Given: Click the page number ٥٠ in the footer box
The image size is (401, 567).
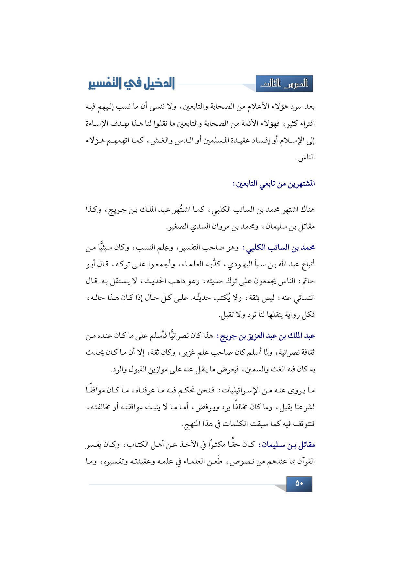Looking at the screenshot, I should [x=299, y=484].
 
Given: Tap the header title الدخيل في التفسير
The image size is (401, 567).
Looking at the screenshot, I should [x=132, y=83].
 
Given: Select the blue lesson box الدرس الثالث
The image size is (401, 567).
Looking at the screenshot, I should [x=284, y=84].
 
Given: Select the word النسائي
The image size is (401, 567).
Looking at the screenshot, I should [x=304, y=298].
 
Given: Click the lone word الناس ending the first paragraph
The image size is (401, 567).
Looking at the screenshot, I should [x=306, y=157].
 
